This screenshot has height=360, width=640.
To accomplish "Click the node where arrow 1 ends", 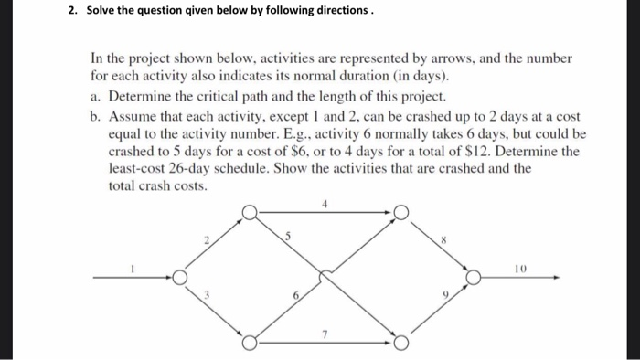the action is coord(181,276).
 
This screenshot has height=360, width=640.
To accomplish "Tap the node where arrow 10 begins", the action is coord(473,276).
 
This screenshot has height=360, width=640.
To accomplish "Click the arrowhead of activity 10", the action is coord(556,276).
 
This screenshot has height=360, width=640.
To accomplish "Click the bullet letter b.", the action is coord(95,117).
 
